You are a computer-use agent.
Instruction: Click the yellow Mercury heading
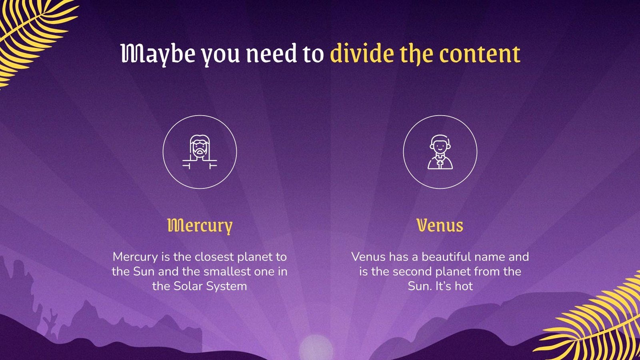click(200, 226)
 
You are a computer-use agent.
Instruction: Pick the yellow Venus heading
click(440, 226)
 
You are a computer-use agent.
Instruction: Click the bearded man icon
click(200, 152)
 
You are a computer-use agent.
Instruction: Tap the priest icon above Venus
click(440, 152)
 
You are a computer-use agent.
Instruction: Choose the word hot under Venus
click(464, 286)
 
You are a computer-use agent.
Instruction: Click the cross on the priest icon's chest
click(440, 163)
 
